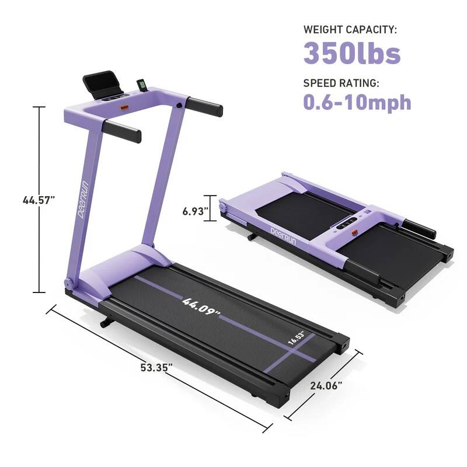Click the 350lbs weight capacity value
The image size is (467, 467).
pyautogui.click(x=351, y=53)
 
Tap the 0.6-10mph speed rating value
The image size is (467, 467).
pyautogui.click(x=357, y=102)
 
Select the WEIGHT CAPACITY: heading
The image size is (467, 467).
pyautogui.click(x=350, y=29)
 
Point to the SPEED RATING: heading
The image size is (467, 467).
pyautogui.click(x=341, y=83)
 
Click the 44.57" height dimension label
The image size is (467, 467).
pyautogui.click(x=39, y=200)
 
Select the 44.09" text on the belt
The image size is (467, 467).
pyautogui.click(x=201, y=308)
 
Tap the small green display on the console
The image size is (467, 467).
pyautogui.click(x=142, y=86)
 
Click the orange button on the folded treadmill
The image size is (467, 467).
pyautogui.click(x=354, y=233)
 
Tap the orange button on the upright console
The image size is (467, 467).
pyautogui.click(x=124, y=108)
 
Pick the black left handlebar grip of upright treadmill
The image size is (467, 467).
pyautogui.click(x=122, y=131)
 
